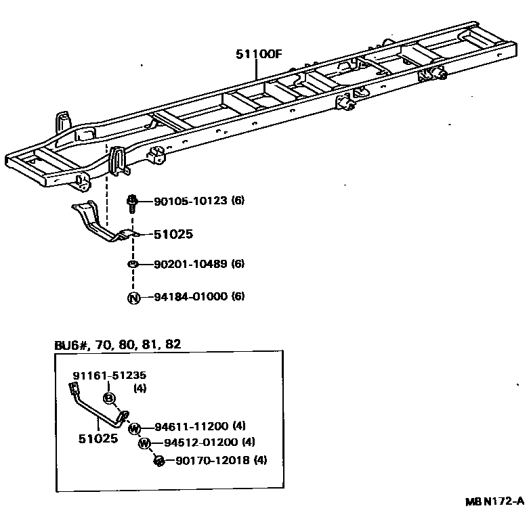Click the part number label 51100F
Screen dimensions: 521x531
tap(258, 56)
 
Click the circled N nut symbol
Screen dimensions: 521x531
tap(133, 297)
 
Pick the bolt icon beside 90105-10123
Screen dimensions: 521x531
tap(133, 202)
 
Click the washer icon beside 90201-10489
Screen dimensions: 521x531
tap(133, 264)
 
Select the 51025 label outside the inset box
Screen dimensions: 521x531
tap(173, 234)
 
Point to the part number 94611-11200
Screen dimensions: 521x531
tap(192, 426)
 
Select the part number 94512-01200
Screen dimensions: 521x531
tap(201, 443)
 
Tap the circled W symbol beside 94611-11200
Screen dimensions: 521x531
tap(135, 428)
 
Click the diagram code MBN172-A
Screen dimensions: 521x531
tap(494, 501)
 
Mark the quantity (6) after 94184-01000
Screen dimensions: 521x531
tap(238, 296)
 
